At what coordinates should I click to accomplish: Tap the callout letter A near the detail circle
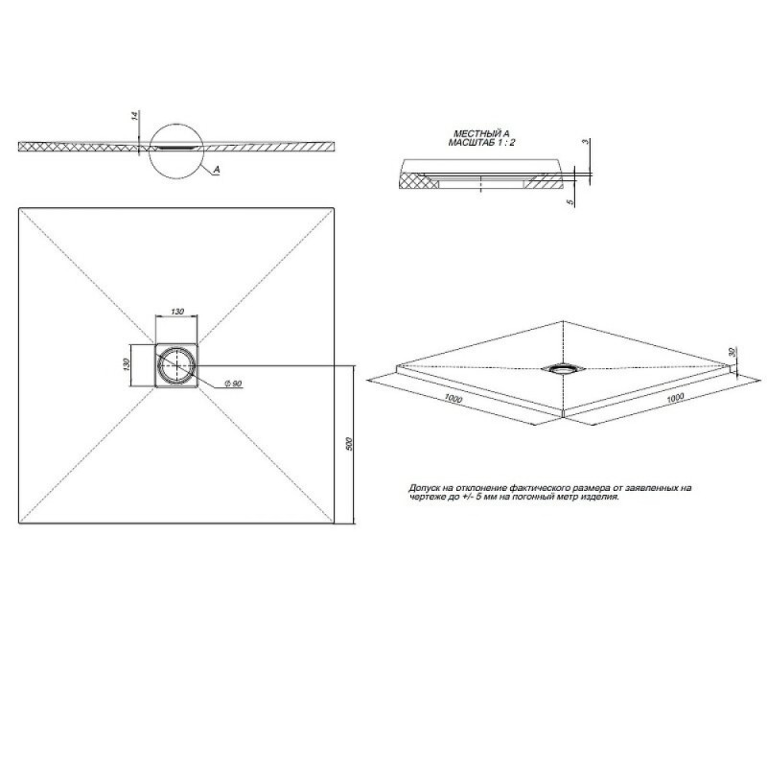click(x=217, y=170)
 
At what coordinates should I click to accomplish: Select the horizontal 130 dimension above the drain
click(x=177, y=312)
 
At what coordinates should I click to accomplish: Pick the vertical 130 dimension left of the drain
click(x=127, y=365)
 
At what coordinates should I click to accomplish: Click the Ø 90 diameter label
click(x=233, y=383)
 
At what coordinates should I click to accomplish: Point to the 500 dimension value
click(x=349, y=444)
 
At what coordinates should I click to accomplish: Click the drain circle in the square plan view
click(x=176, y=365)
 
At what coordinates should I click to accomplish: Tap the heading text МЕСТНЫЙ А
click(x=481, y=133)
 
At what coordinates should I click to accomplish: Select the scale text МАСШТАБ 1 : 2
click(x=481, y=143)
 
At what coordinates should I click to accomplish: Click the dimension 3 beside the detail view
click(x=584, y=142)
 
